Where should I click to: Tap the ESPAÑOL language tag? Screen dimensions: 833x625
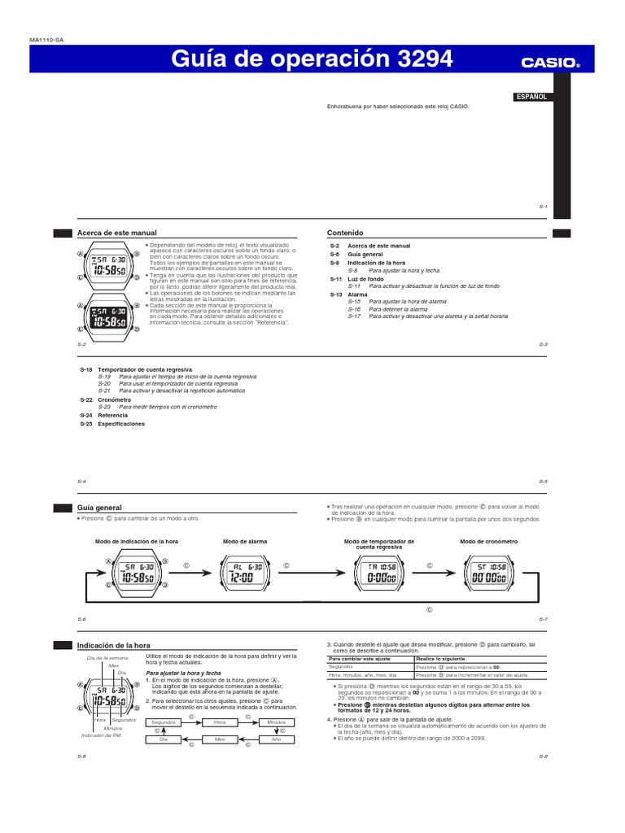[531, 97]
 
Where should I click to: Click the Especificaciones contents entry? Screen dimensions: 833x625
[121, 424]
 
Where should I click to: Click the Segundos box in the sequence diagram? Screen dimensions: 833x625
[165, 722]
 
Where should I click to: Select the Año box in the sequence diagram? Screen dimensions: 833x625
[276, 739]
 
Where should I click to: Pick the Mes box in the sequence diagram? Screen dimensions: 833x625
[220, 739]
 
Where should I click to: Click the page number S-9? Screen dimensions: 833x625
[543, 757]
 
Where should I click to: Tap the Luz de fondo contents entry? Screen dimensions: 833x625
[365, 279]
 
